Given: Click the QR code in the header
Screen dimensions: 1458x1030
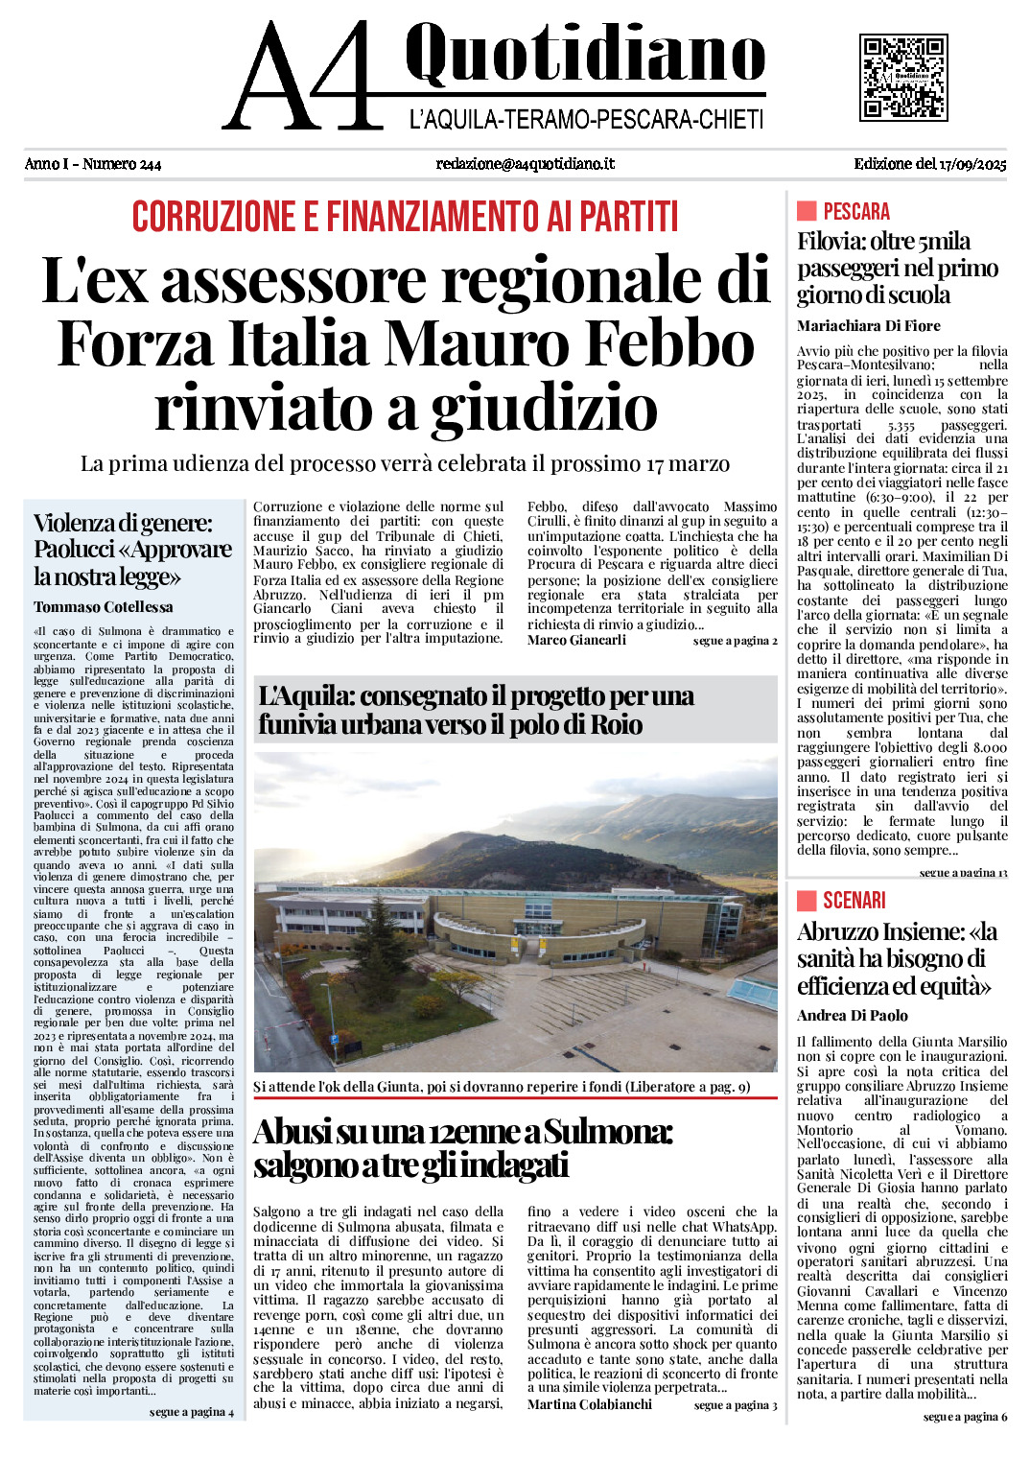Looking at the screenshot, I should pos(903,77).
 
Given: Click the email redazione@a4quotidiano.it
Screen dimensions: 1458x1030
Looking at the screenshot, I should pos(525,164).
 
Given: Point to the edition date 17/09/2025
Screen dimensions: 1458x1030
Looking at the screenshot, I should pos(972,164).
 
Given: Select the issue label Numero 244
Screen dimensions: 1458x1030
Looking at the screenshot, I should pos(122,164).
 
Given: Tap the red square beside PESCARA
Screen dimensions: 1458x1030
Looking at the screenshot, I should pos(807,211).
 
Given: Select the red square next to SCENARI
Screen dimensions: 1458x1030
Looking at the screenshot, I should pos(807,900).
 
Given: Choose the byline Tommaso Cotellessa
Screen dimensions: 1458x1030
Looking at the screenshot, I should pos(104,607).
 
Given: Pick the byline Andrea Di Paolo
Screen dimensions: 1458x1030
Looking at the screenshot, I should pos(853,1016).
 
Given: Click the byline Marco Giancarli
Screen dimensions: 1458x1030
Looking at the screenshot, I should pos(576,641).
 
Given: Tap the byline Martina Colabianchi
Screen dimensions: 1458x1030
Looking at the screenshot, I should pos(590,1404).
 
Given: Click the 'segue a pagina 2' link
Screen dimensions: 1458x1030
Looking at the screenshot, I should pos(735,641).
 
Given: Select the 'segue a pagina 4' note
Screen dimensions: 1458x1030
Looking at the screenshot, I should pos(192,1412).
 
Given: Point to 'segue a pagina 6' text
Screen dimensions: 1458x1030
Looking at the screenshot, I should pos(965,1417).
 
